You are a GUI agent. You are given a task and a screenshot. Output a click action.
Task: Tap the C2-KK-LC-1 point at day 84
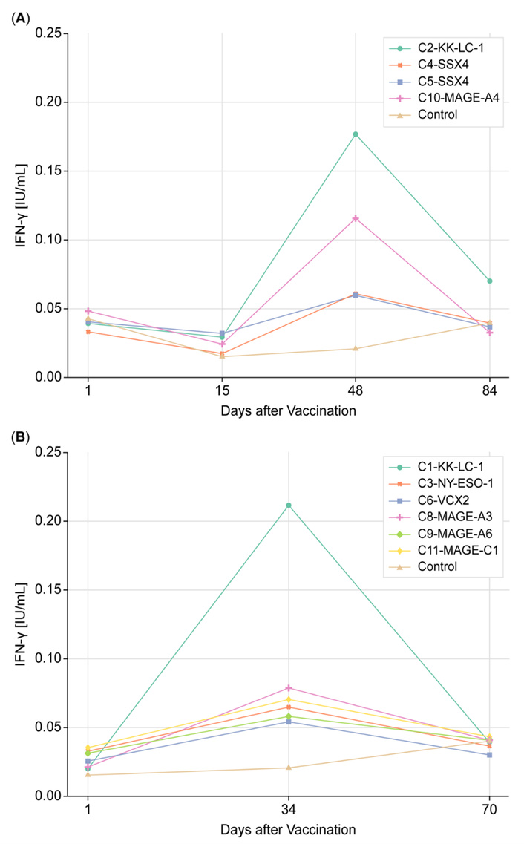[489, 281]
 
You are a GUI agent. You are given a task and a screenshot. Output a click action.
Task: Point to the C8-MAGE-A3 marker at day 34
[289, 688]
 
